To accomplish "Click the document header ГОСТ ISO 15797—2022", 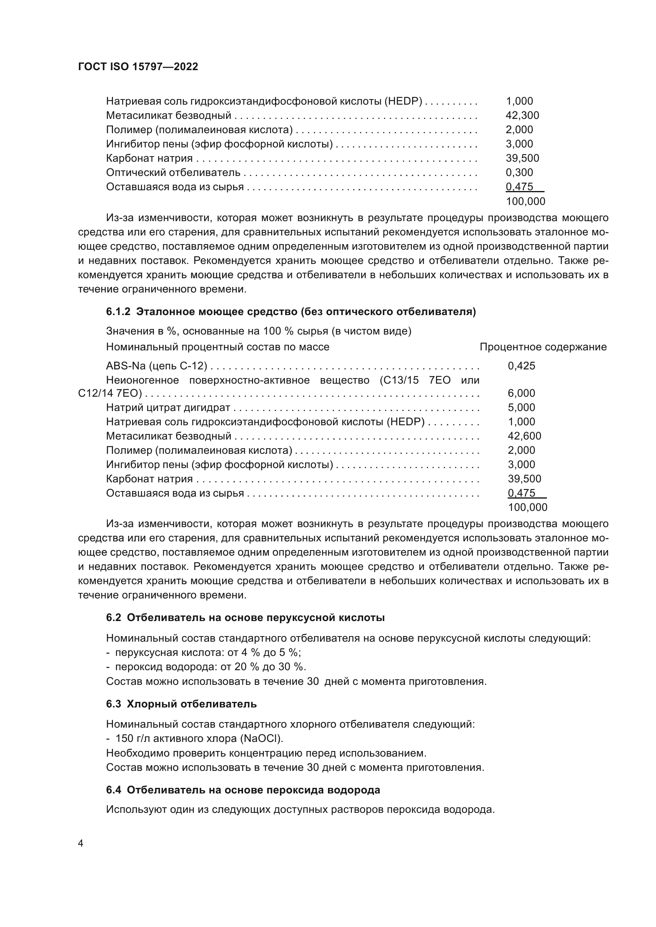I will [138, 67].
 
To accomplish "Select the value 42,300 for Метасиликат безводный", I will [522, 115].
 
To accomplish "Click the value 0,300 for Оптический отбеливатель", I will [519, 172].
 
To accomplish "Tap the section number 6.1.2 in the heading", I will [118, 312].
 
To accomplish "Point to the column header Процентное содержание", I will [543, 347].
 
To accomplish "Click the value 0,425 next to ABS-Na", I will [521, 366].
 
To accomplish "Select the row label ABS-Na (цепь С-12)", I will [157, 366].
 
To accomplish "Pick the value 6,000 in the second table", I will [521, 393].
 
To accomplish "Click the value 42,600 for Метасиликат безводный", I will [524, 436].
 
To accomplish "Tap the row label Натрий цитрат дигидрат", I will [168, 407].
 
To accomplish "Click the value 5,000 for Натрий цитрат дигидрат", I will [521, 407].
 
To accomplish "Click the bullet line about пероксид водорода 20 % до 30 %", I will [206, 667].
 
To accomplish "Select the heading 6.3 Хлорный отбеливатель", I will [181, 704].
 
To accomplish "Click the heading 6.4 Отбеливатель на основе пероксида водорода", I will [243, 790].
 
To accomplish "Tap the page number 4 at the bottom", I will [81, 843].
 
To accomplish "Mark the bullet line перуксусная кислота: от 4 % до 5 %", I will [203, 652].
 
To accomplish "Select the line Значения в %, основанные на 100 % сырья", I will [259, 331].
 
